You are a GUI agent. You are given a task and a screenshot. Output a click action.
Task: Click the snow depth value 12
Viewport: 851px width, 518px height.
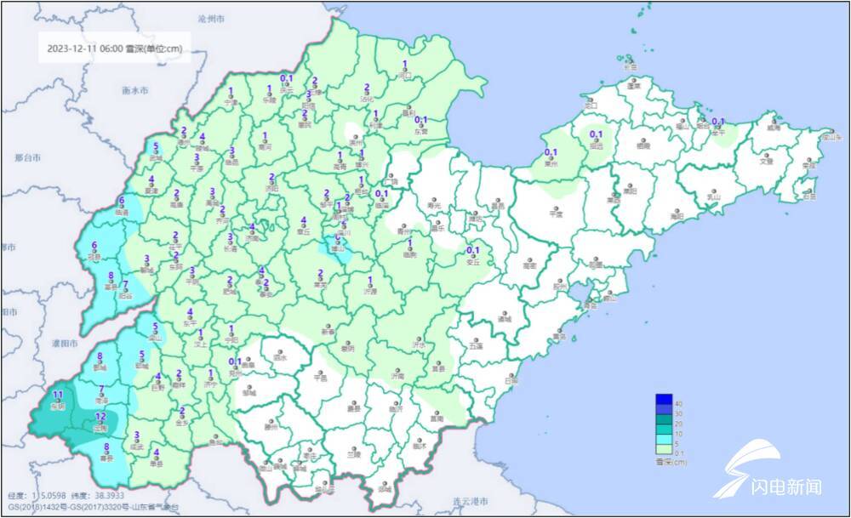[x=100, y=415]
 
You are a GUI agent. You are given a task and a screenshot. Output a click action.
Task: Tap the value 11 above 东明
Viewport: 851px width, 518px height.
[x=58, y=396]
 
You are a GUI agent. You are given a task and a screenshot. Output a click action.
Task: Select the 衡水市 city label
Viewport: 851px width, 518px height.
[x=135, y=90]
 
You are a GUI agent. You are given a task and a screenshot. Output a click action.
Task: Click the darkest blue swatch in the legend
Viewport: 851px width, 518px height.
[x=663, y=400]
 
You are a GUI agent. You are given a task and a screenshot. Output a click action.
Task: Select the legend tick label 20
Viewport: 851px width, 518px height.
[x=677, y=423]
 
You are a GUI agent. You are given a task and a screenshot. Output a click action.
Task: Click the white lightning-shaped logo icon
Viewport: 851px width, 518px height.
[x=738, y=465]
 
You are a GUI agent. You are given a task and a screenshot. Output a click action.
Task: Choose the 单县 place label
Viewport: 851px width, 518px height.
[x=156, y=464]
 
